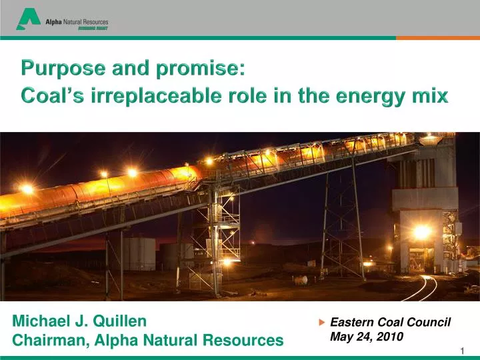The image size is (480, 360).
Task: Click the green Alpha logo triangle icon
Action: click(28, 19)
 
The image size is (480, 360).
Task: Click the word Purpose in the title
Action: click(54, 67)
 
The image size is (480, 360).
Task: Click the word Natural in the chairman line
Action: click(167, 341)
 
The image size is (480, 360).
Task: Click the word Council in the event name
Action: click(428, 323)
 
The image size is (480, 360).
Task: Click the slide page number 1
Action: click(462, 351)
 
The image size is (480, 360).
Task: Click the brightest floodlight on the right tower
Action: click(421, 232)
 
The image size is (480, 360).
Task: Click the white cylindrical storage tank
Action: click(139, 254)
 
